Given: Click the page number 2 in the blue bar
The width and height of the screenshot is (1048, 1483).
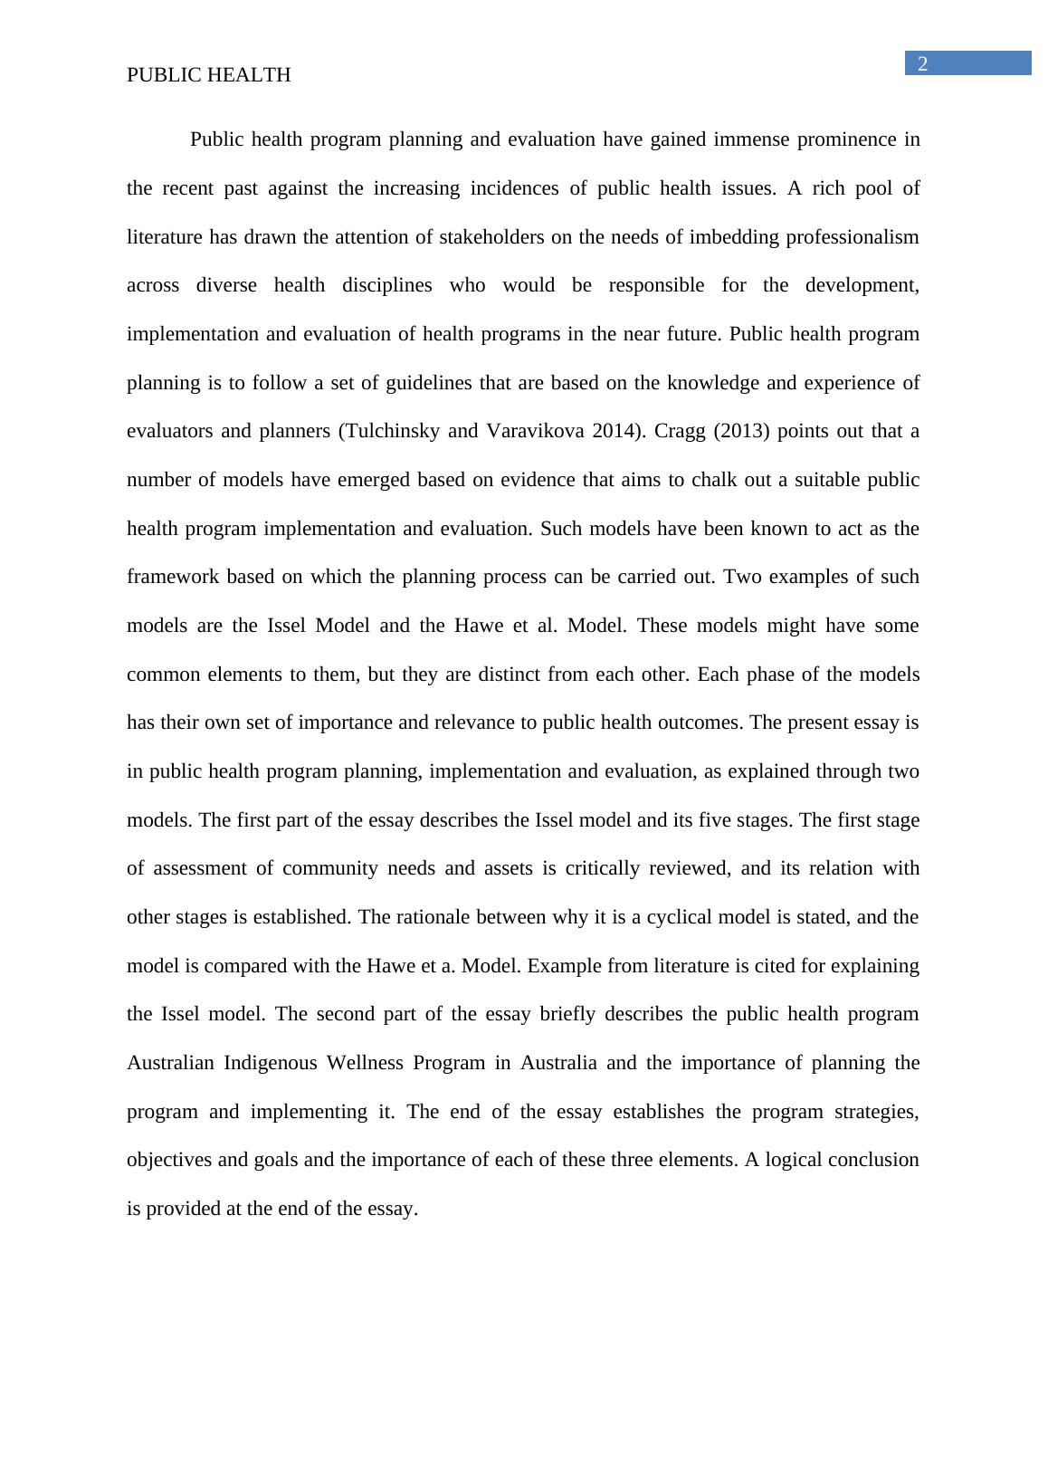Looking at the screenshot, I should [923, 63].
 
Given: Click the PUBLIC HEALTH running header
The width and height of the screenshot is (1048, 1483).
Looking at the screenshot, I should [209, 75].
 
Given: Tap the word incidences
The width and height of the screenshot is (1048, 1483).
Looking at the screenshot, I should [511, 188].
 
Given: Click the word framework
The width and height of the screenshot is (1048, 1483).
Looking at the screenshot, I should [173, 577].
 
